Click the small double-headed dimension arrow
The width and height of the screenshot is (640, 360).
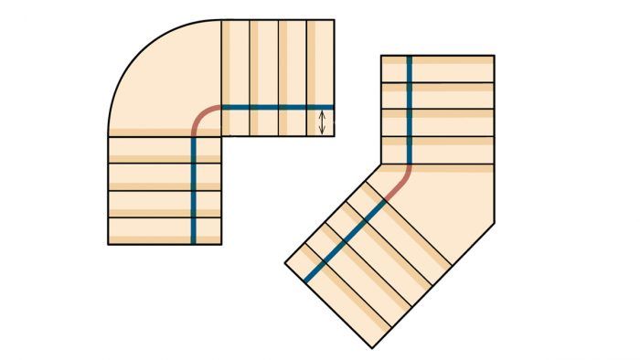coord(322,122)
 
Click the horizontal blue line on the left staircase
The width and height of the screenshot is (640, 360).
coord(274,108)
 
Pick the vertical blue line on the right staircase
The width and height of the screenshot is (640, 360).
coord(409,110)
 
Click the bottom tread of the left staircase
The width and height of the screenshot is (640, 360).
coord(165,230)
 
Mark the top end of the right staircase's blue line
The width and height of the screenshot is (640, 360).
coord(409,58)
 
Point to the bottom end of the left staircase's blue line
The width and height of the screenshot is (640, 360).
coord(194,242)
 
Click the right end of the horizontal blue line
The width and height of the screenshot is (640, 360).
coord(333,108)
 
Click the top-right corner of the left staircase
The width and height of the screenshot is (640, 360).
coord(334,20)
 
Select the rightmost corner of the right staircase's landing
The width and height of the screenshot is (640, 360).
coord(495,222)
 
